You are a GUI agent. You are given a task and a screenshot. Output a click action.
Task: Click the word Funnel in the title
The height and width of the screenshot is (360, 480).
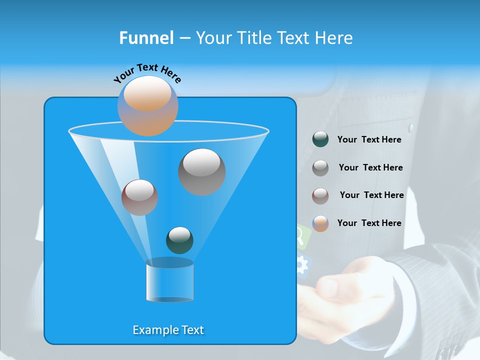click(x=146, y=38)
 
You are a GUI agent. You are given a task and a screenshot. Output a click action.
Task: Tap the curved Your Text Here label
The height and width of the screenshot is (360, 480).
click(x=147, y=72)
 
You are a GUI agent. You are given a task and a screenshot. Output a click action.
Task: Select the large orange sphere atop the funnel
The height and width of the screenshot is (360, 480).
click(x=147, y=106)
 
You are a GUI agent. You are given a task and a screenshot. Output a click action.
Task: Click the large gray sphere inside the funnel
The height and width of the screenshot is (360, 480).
click(x=201, y=172)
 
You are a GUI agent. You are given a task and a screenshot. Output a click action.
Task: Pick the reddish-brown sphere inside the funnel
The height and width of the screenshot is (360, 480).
click(x=139, y=197)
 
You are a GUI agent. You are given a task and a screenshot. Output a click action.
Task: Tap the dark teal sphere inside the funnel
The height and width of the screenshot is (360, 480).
click(x=179, y=240)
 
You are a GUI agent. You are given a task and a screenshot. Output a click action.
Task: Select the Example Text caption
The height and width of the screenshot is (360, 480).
click(x=168, y=330)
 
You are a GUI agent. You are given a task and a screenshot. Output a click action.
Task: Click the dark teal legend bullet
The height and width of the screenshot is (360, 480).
click(x=320, y=139)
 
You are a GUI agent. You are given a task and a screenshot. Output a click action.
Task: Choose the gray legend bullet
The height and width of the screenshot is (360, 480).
click(x=320, y=168)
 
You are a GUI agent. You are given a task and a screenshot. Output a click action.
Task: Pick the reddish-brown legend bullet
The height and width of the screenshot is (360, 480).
click(x=320, y=195)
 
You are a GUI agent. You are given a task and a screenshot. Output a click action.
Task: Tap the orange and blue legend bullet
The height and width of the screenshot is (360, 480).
click(x=320, y=223)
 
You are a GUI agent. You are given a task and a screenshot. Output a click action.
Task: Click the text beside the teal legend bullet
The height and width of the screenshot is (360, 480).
click(x=369, y=139)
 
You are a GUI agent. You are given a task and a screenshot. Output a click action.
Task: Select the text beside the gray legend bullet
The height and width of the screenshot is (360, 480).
click(x=370, y=167)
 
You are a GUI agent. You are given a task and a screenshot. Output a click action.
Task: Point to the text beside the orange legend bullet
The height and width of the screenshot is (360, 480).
click(x=369, y=223)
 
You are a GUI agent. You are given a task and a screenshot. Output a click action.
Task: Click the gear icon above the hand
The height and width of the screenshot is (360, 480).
click(x=302, y=265)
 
